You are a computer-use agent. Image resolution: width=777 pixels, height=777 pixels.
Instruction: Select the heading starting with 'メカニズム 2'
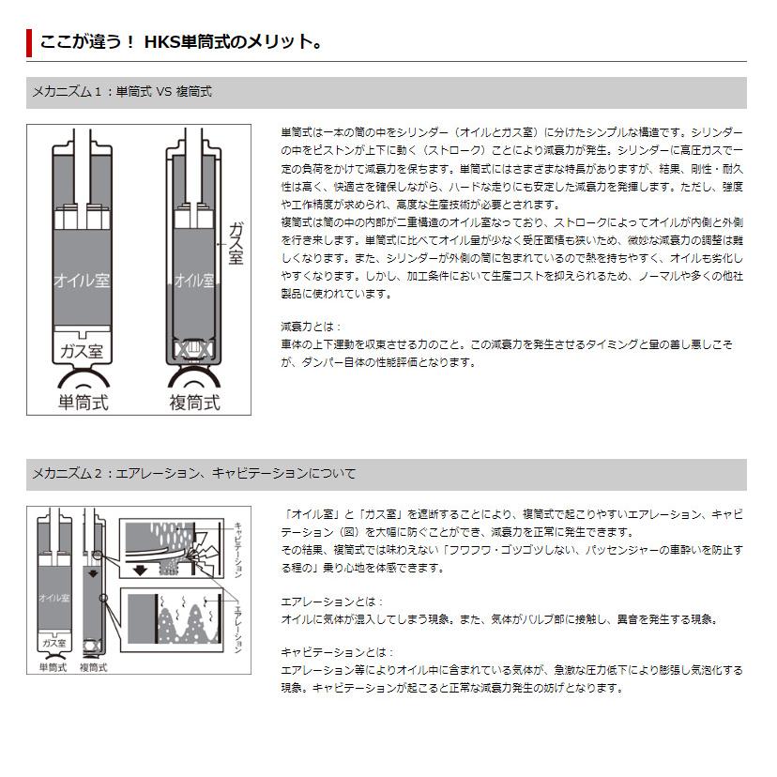[x=193, y=473]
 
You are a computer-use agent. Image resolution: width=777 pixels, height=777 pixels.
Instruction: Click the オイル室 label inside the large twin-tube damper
[x=193, y=279]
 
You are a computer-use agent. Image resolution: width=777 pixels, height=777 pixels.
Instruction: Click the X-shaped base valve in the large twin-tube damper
[x=193, y=351]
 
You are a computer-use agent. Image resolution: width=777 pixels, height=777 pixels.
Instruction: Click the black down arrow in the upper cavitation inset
[x=141, y=569]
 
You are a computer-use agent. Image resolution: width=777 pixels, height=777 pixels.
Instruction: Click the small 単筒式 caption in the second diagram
[x=53, y=667]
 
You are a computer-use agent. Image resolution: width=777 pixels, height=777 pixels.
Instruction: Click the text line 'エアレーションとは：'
[x=331, y=602]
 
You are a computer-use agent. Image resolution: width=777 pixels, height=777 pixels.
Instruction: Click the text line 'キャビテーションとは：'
[x=337, y=652]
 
